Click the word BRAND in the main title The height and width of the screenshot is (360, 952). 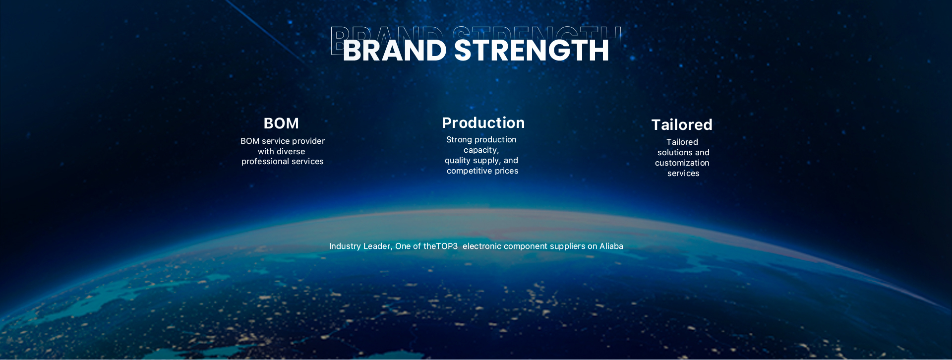pos(395,51)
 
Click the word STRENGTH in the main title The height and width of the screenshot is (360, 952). pos(532,51)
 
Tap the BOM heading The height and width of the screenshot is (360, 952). pos(281,123)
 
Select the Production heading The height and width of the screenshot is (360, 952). pos(483,122)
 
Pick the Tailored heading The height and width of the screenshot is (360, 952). pos(682,124)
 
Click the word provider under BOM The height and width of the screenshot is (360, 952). pos(308,141)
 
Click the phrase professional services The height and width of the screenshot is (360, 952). pos(283,162)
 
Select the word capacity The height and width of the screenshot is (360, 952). pos(481,150)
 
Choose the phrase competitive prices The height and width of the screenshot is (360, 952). pos(482,171)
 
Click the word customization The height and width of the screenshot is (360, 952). pos(682,163)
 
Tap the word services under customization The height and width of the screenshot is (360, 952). pos(683,173)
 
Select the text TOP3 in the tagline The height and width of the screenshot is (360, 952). pos(447,246)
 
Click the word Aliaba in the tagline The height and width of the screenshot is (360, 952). pos(611,246)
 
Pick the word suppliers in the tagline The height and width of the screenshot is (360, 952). pos(570,246)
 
